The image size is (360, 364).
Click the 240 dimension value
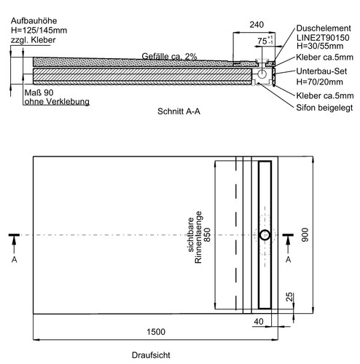(x=257, y=25)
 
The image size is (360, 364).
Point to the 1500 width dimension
(x=156, y=332)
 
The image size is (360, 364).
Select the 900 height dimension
(x=305, y=234)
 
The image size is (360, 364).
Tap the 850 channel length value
(x=207, y=234)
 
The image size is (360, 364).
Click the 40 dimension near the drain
(x=259, y=322)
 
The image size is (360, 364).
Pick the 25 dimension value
(x=289, y=297)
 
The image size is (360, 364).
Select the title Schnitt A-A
(x=179, y=111)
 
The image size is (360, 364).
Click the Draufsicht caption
(x=151, y=355)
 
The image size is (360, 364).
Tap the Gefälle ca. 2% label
(x=169, y=56)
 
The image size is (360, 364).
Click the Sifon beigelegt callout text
(x=324, y=108)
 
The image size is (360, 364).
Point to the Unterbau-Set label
(x=321, y=71)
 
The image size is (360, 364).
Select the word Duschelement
(x=324, y=28)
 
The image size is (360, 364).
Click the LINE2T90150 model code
(x=323, y=38)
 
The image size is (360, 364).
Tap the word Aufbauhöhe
(x=34, y=21)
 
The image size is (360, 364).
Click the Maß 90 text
(x=39, y=92)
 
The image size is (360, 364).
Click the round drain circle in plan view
(x=265, y=235)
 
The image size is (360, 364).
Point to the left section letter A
(x=15, y=260)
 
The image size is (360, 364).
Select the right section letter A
(x=288, y=260)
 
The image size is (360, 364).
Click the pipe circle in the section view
(x=262, y=74)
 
